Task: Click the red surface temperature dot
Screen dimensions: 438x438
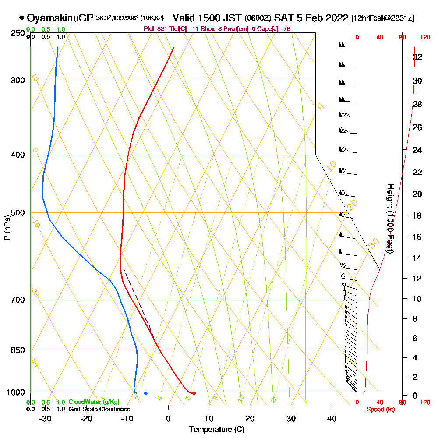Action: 194,393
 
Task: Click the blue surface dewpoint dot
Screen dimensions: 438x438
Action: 146,393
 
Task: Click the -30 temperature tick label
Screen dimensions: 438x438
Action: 46,418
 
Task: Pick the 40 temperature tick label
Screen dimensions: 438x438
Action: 332,418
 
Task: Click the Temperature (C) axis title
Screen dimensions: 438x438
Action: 216,429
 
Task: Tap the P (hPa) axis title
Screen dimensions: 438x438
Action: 7,228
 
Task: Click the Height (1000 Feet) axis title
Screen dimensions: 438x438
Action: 390,219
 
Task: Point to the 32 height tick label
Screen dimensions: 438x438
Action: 418,57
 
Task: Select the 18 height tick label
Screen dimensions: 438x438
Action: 418,215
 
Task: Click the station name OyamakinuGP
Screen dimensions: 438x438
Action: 60,18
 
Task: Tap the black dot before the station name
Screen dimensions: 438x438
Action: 21,18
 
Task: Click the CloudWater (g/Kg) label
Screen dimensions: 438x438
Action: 94,402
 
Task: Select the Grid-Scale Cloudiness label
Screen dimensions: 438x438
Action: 99,409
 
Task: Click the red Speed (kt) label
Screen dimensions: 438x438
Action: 379,409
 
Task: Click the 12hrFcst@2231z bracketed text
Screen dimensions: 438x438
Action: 382,18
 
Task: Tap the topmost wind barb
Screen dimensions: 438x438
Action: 343,45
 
